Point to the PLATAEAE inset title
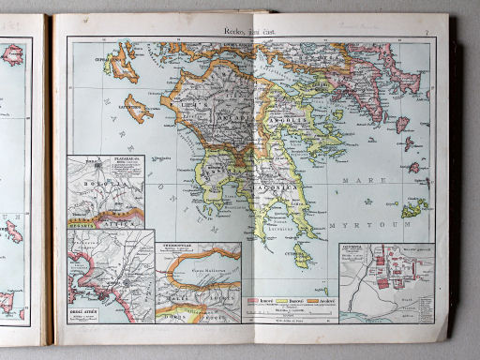(x=122, y=161)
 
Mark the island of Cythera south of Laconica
(x=302, y=253)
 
